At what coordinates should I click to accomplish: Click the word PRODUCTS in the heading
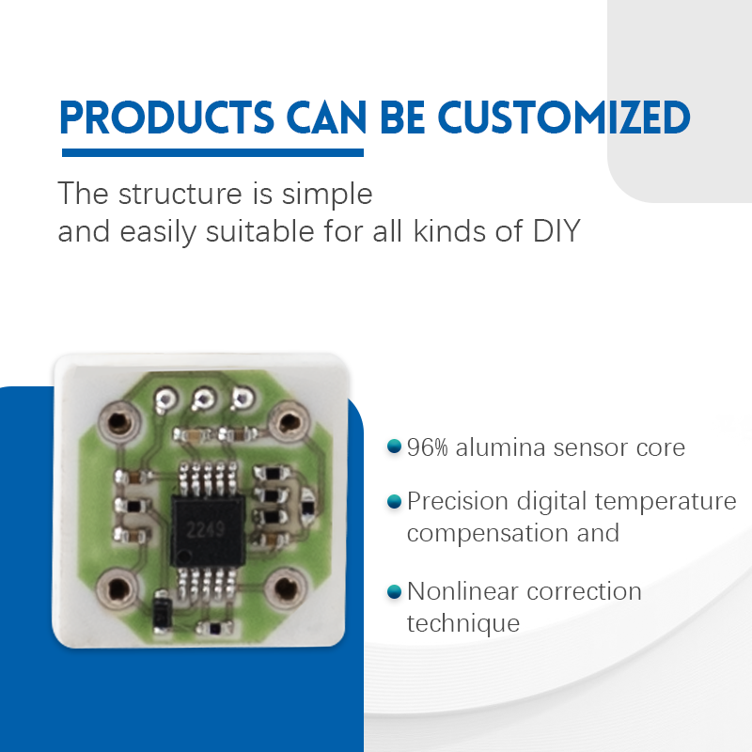(166, 117)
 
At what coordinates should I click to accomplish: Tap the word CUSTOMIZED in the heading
(564, 117)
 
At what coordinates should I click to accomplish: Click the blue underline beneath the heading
(213, 152)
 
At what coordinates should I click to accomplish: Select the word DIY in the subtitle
(556, 231)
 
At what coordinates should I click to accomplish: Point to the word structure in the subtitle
(180, 195)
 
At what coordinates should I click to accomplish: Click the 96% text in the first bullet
(428, 447)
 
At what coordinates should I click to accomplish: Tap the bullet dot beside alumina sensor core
(394, 446)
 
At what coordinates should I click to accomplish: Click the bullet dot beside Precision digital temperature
(394, 502)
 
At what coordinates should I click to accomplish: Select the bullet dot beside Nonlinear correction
(394, 592)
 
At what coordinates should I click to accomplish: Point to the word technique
(463, 624)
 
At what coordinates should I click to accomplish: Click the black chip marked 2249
(208, 531)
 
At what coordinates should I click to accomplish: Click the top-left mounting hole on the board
(119, 422)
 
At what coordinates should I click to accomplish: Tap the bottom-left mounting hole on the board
(117, 589)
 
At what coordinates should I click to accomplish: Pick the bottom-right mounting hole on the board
(286, 588)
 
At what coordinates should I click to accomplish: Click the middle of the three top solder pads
(203, 399)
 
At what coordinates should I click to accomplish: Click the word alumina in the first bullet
(501, 447)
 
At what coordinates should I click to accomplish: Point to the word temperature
(666, 503)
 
